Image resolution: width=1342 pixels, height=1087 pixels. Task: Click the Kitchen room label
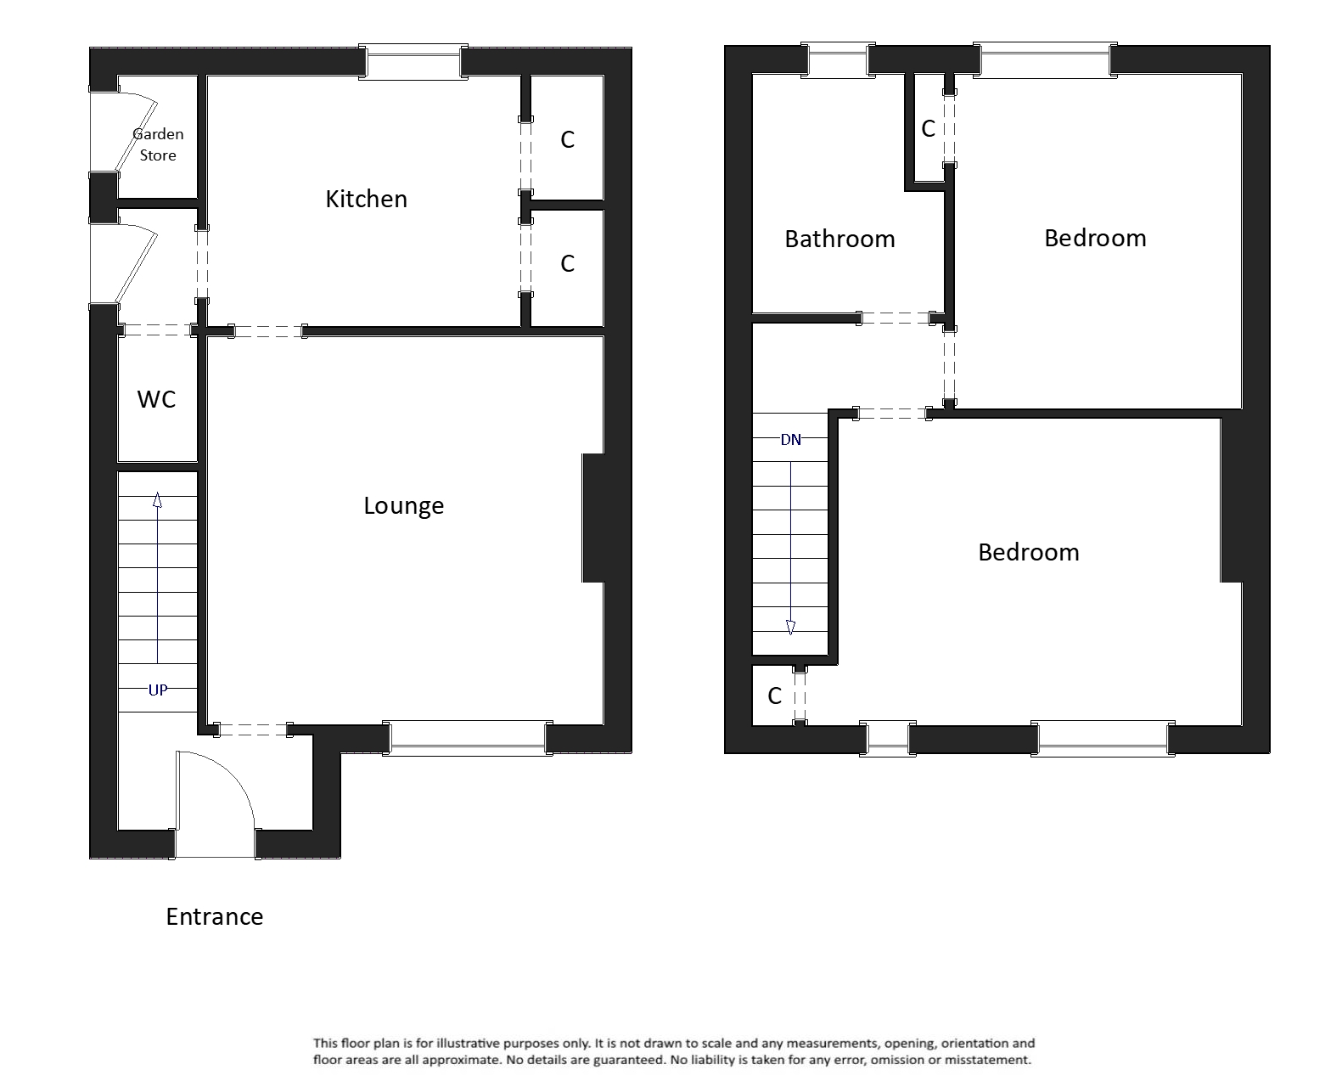[x=366, y=199]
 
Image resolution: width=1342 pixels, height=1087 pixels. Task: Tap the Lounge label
[x=403, y=505]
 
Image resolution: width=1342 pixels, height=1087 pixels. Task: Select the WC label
[x=156, y=399]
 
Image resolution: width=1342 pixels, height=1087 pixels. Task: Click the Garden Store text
[x=158, y=144]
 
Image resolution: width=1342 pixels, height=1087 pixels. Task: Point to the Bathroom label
[x=839, y=239]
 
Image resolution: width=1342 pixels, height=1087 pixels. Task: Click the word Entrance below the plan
[x=214, y=916]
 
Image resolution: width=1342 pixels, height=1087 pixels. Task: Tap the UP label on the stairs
[x=158, y=690]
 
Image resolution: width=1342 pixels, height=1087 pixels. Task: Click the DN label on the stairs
[x=790, y=440]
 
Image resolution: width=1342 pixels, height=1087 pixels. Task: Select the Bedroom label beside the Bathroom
[x=1094, y=238]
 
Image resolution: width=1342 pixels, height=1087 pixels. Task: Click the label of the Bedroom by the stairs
[x=1028, y=552]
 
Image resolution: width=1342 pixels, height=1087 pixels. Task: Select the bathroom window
[x=839, y=61]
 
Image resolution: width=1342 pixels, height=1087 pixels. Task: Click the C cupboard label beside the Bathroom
[x=928, y=129]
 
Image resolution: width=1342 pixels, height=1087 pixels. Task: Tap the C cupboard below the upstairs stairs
[x=774, y=696]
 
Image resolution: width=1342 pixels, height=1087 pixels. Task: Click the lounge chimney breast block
[x=593, y=518]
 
